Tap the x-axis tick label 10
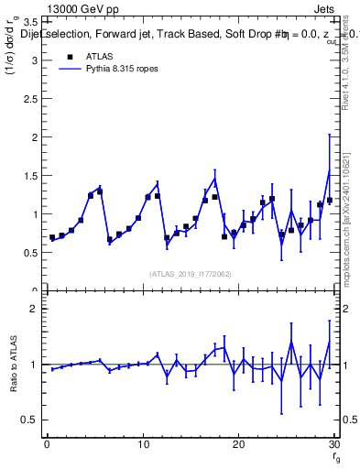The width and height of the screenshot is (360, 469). pyautogui.click(x=142, y=445)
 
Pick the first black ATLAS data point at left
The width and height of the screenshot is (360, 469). pyautogui.click(x=52, y=237)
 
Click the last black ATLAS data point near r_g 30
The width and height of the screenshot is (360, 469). pyautogui.click(x=329, y=201)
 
